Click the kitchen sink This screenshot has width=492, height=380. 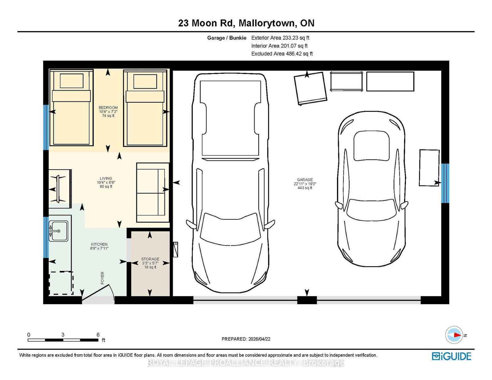click(x=58, y=231)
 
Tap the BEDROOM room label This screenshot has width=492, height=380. click(x=108, y=108)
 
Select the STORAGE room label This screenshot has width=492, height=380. click(x=150, y=259)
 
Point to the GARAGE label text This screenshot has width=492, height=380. click(x=305, y=180)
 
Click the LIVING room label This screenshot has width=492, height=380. click(x=106, y=178)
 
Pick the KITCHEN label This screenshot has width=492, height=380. click(x=99, y=244)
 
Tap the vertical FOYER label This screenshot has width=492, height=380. click(x=102, y=278)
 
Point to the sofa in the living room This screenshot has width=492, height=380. click(x=153, y=193)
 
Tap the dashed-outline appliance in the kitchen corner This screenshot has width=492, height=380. click(x=61, y=283)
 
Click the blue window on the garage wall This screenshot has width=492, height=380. click(x=445, y=183)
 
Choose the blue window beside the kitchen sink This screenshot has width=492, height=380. click(x=46, y=237)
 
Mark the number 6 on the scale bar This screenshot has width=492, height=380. click(x=98, y=335)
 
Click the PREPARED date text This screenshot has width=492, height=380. click(x=246, y=339)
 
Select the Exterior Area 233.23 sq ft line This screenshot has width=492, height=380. click(x=280, y=38)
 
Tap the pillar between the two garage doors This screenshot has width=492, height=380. click(x=307, y=300)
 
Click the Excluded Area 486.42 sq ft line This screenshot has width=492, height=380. click(x=282, y=54)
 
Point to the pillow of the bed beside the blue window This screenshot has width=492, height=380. click(x=72, y=81)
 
